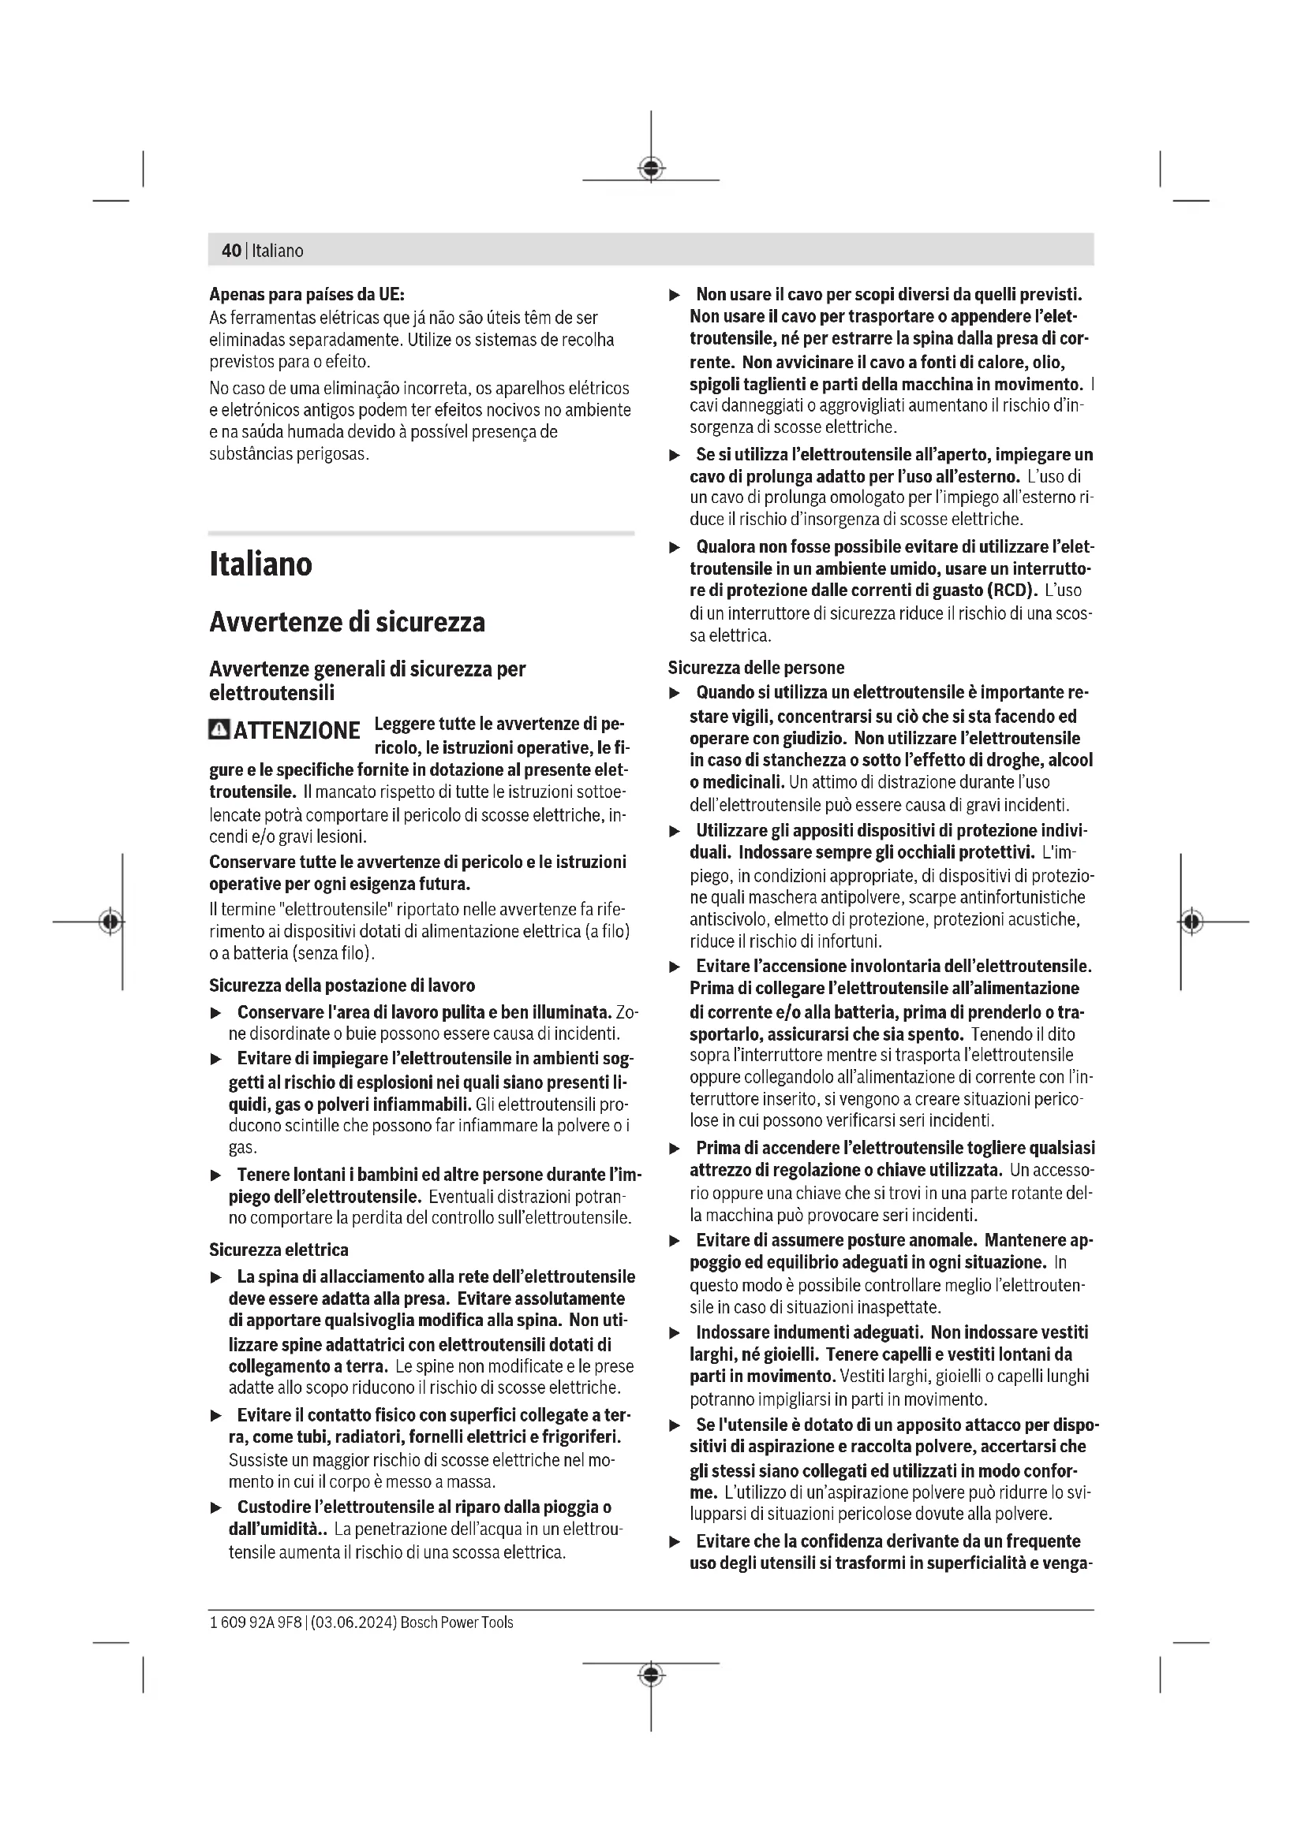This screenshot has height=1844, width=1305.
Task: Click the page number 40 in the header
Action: (x=230, y=251)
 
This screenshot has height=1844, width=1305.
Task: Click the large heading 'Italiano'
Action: (x=260, y=564)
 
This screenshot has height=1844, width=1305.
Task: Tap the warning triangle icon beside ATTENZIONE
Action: (x=219, y=729)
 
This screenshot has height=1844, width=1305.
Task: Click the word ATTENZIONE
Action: (x=297, y=731)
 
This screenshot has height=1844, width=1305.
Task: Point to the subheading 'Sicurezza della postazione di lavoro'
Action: (x=342, y=985)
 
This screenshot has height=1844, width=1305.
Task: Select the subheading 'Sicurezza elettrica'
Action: (x=278, y=1250)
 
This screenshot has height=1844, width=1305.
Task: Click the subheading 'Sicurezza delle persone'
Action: (x=755, y=668)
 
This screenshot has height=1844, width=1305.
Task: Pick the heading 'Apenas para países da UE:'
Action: (x=306, y=294)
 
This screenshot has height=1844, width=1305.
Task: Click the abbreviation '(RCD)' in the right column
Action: (x=1011, y=590)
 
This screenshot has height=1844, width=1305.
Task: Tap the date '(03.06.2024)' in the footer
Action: (x=353, y=1622)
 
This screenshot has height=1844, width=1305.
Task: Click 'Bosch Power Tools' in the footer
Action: (x=456, y=1622)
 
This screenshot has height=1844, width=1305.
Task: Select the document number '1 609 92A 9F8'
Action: (x=256, y=1622)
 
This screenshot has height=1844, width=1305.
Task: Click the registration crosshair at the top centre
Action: (x=651, y=169)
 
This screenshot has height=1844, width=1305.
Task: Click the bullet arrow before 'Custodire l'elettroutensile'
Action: (x=215, y=1508)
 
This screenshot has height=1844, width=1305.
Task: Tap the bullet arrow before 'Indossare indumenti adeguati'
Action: (x=675, y=1334)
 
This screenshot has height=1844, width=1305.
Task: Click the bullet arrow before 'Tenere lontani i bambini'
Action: (x=215, y=1175)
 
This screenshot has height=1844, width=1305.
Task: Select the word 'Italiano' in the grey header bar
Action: (x=277, y=251)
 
